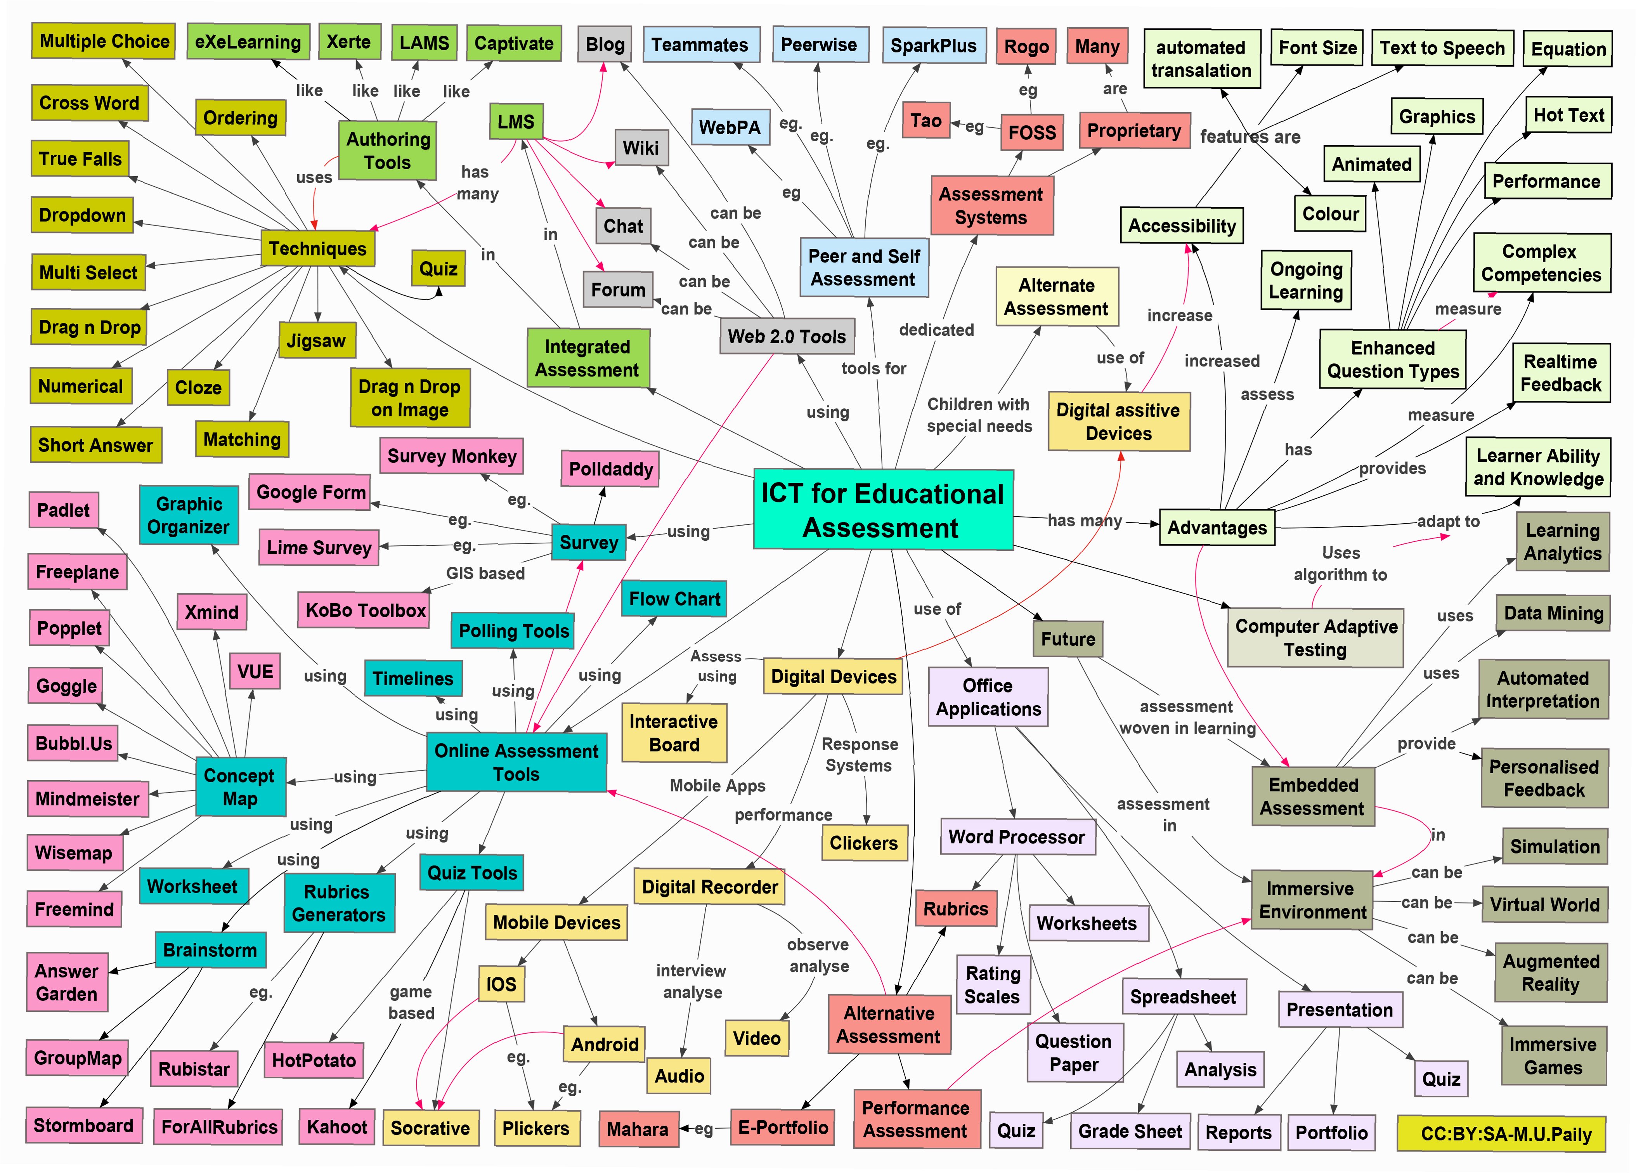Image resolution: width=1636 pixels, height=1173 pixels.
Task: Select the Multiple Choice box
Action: [104, 41]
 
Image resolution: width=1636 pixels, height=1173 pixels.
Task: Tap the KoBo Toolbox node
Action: [365, 610]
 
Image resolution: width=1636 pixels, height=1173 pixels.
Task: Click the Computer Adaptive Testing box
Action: [1316, 638]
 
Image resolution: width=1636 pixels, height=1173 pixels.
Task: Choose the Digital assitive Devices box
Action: [1118, 421]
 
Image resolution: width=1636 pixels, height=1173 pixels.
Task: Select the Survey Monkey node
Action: [452, 456]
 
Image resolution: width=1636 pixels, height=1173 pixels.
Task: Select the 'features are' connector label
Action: [1250, 137]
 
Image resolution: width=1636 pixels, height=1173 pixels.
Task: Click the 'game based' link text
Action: [411, 1002]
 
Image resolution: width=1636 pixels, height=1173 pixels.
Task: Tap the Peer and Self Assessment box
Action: [863, 268]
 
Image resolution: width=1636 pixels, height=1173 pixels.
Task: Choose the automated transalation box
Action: [1201, 59]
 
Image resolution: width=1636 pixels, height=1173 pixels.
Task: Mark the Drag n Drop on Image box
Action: [410, 398]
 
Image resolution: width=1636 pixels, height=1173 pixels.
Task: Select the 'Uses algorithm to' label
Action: [1340, 564]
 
